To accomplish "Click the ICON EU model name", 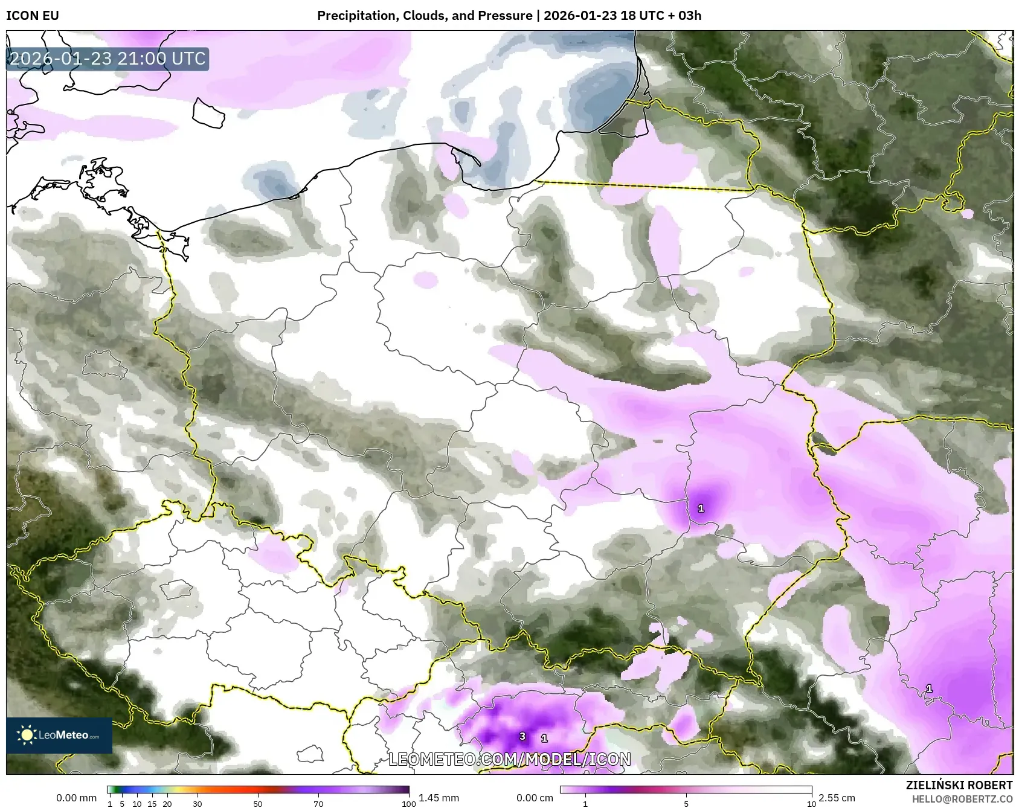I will click(33, 16).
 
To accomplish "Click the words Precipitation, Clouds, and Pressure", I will click(425, 16).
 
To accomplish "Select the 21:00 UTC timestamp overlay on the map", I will click(108, 59).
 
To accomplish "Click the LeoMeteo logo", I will click(59, 735).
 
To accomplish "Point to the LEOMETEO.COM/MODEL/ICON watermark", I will click(509, 759).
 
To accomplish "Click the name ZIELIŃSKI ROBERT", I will click(959, 785).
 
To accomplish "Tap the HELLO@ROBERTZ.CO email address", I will click(962, 798).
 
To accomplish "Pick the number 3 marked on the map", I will click(523, 737).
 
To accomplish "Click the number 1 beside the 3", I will click(544, 738).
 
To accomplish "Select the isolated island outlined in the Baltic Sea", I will click(208, 113).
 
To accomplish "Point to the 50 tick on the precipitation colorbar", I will click(258, 803).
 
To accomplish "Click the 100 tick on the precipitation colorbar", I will click(409, 803).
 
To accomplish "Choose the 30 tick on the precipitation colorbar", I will click(198, 803).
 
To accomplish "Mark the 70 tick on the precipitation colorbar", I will click(318, 803).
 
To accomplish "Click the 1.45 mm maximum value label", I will click(439, 798).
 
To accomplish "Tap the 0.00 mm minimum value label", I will click(76, 798).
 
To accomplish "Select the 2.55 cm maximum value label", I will click(837, 798).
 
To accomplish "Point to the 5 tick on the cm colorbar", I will click(686, 803).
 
